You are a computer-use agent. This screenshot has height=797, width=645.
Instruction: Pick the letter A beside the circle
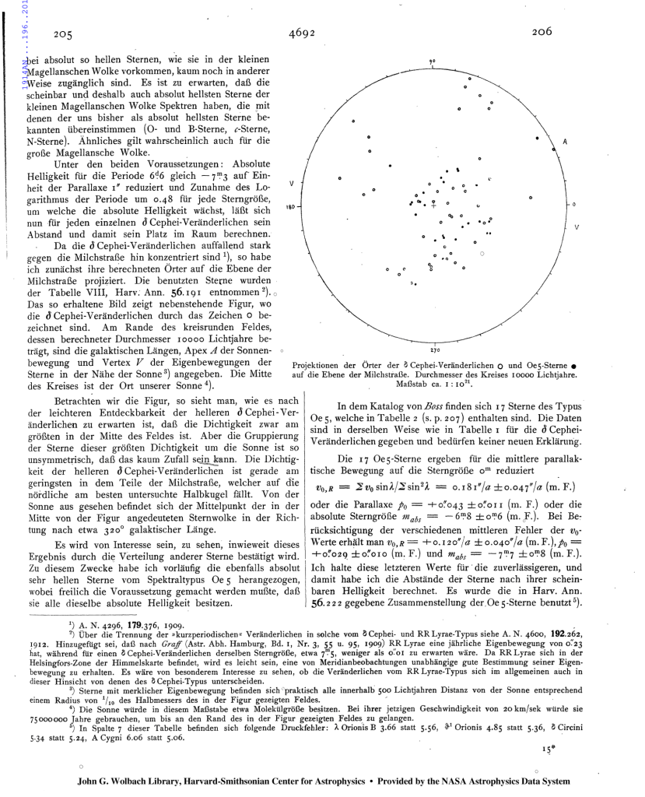point(565,142)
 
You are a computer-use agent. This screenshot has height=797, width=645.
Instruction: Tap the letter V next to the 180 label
point(291,184)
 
